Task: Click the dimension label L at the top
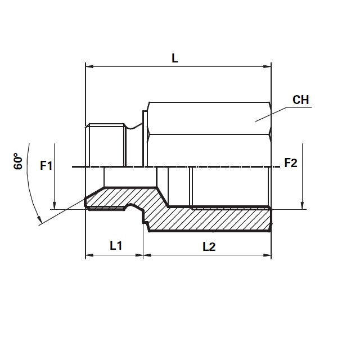175,58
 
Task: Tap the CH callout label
300,100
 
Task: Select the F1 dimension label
46,165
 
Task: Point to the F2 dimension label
291,163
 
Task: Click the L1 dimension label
116,245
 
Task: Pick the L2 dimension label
209,247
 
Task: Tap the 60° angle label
18,161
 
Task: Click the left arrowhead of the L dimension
89,66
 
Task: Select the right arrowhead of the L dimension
267,66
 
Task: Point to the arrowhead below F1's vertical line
54,205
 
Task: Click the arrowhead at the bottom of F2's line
302,205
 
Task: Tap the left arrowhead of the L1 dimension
89,255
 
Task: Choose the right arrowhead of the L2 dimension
267,255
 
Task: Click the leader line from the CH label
283,114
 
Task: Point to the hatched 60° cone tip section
108,198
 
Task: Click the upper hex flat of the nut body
209,118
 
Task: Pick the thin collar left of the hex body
145,139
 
